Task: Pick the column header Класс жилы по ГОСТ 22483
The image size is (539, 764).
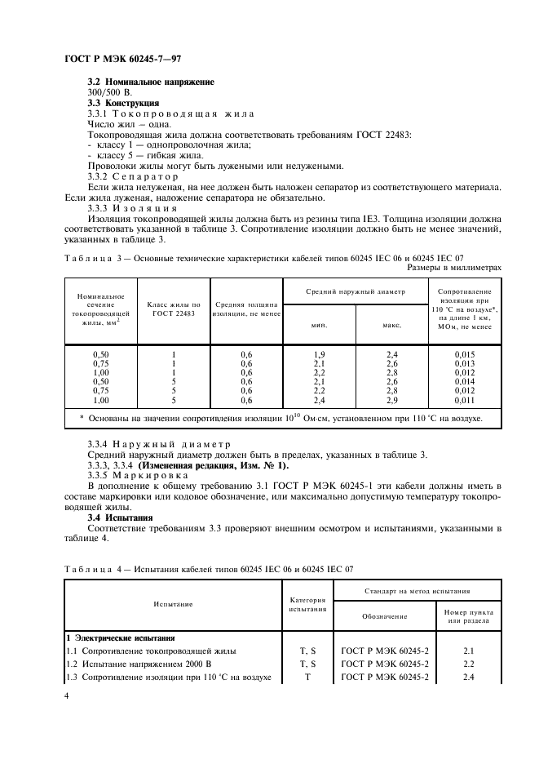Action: tap(173, 309)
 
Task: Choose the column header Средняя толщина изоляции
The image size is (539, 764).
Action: tap(246, 309)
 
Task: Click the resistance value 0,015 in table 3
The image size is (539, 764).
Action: tap(464, 353)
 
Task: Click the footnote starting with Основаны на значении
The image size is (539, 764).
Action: tap(281, 419)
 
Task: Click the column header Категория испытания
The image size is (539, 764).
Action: tap(307, 603)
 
